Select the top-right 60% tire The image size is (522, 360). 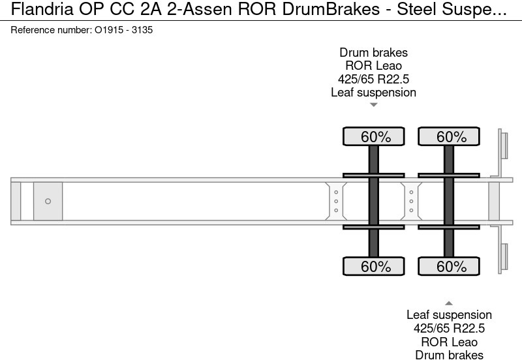(x=449, y=137)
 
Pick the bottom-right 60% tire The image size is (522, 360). (x=449, y=266)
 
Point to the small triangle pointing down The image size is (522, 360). (x=374, y=104)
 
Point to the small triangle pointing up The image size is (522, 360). (x=449, y=303)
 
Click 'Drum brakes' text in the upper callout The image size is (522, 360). (x=374, y=53)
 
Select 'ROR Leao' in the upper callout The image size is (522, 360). (x=374, y=66)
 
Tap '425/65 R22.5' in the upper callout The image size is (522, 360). (x=374, y=79)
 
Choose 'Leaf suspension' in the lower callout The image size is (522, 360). (x=449, y=315)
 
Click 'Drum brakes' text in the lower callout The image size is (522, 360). (x=449, y=355)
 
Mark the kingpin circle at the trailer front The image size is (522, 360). (x=48, y=202)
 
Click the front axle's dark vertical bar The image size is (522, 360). (x=374, y=201)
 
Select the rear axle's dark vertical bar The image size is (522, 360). (x=449, y=201)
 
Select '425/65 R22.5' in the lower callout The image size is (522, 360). (x=449, y=329)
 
